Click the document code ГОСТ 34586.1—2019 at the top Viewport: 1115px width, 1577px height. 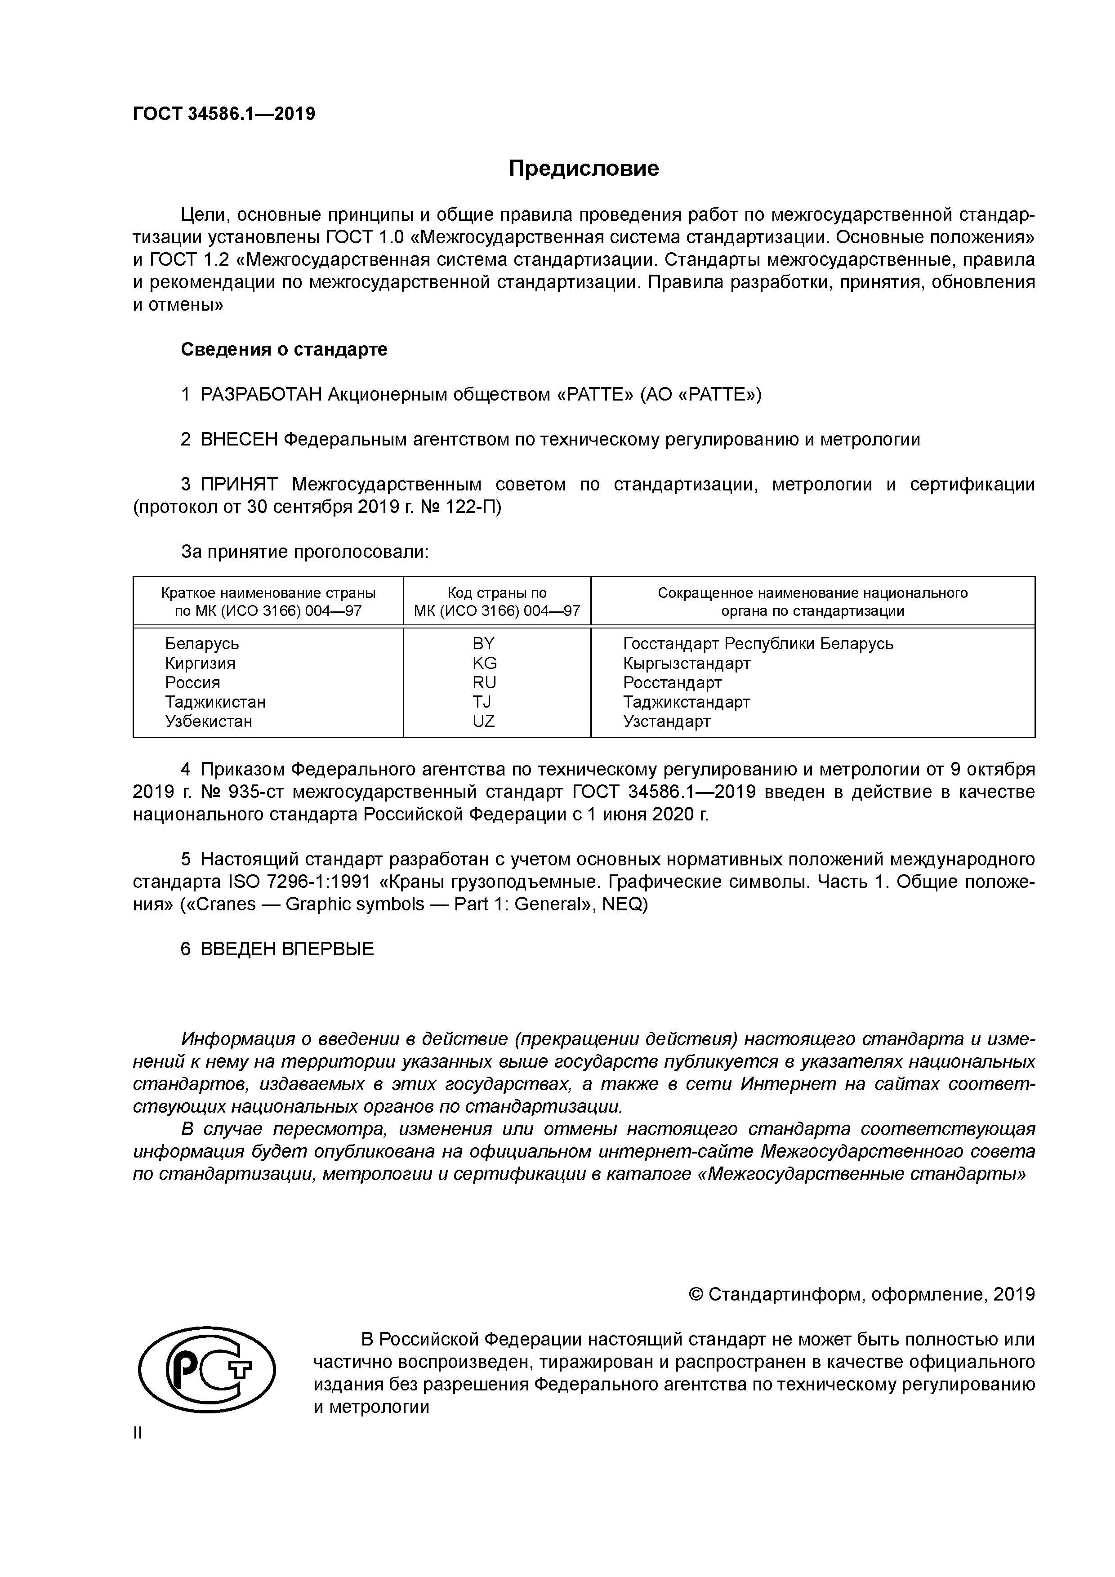tap(224, 114)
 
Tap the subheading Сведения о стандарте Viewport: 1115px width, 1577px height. tap(284, 350)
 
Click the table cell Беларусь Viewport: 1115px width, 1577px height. tap(202, 644)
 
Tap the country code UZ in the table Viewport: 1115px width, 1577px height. tap(484, 721)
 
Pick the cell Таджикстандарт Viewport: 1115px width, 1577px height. tap(687, 702)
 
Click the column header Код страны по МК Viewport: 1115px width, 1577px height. tap(497, 601)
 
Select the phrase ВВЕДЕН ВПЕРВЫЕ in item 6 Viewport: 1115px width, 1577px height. tap(287, 949)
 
